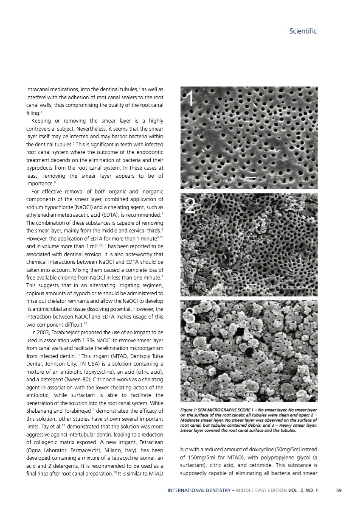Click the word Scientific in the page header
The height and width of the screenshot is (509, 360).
pos(303,31)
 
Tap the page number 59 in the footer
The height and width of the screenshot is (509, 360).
pos(338,490)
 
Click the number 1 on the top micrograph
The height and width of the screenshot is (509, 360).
pos(191,99)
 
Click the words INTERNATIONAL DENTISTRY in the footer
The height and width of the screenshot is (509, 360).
pos(197,490)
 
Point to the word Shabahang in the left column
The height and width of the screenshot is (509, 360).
pos(42,411)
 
